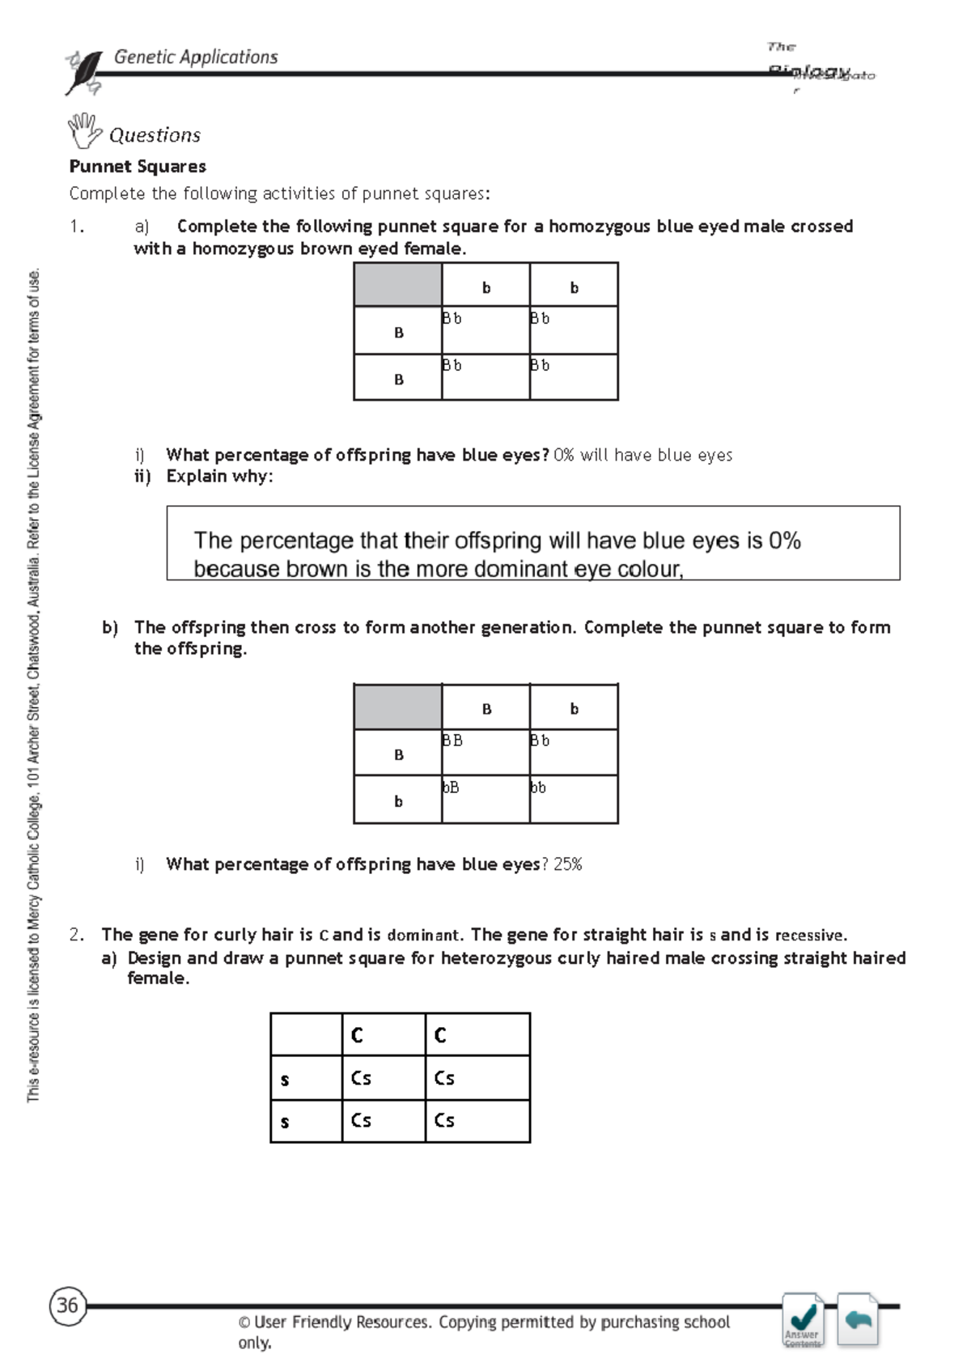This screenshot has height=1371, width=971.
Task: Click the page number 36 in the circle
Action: (x=67, y=1305)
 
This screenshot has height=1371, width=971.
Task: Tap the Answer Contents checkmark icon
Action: (x=803, y=1319)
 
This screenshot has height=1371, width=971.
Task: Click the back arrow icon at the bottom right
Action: (x=858, y=1320)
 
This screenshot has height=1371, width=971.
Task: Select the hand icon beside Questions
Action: (x=83, y=131)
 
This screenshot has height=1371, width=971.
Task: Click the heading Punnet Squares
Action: (x=138, y=167)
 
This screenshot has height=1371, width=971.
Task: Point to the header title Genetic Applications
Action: (x=196, y=57)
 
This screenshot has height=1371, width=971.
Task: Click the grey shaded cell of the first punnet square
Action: (x=398, y=285)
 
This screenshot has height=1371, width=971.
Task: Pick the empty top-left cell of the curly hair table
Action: (x=306, y=1034)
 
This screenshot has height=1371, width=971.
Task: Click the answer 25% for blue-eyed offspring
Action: (x=568, y=864)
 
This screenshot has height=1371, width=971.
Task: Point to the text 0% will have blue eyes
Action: (x=643, y=456)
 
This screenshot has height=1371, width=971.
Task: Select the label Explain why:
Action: (x=219, y=477)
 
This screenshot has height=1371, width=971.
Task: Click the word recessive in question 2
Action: (x=810, y=936)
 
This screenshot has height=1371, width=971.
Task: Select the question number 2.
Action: (x=76, y=935)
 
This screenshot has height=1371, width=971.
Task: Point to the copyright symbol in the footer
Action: (x=244, y=1323)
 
